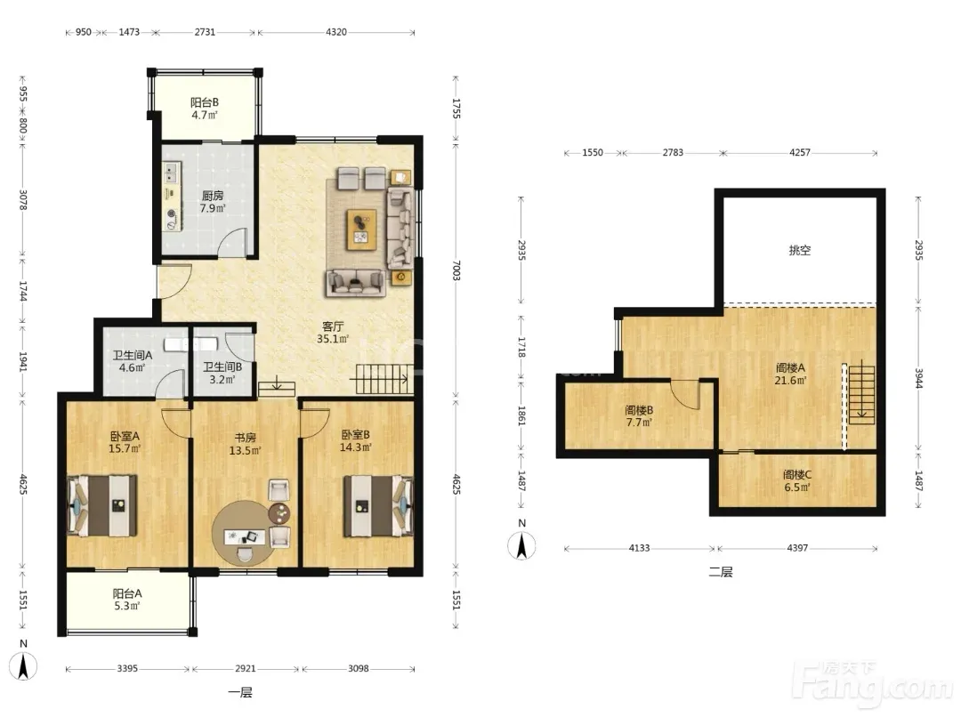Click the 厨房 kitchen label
[x=213, y=196]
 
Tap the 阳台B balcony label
[x=204, y=102]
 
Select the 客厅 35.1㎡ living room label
[x=333, y=332]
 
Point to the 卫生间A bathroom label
[x=133, y=356]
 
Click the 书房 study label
[x=246, y=438]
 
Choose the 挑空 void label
[x=800, y=250]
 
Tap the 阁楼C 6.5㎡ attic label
[x=797, y=480]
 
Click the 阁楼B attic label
[x=639, y=410]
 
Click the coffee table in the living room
[x=361, y=230]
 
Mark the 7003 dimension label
[x=456, y=270]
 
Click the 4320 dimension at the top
[x=335, y=32]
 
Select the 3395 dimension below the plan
[x=127, y=669]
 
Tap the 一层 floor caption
[x=240, y=693]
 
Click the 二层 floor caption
[x=721, y=572]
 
